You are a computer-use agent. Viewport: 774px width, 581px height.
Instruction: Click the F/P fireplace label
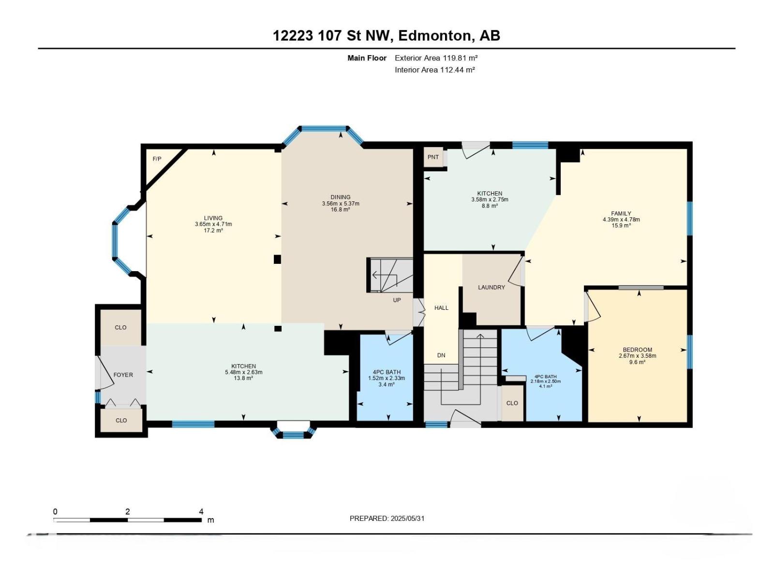[157, 159]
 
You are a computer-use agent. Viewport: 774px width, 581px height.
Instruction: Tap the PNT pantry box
[433, 157]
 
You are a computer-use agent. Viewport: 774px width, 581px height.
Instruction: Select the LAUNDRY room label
[491, 287]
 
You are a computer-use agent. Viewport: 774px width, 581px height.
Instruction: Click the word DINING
[341, 197]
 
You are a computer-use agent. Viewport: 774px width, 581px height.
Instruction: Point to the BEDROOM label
[637, 350]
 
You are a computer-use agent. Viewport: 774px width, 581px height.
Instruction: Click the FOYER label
[123, 375]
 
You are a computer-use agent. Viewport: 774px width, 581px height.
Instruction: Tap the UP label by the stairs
[397, 300]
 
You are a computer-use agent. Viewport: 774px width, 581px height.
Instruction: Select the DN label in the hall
[441, 355]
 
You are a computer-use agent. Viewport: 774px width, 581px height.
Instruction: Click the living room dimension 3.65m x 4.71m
[213, 224]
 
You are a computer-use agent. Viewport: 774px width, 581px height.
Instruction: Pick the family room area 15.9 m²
[621, 226]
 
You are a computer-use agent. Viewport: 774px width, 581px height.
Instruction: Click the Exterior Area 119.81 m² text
[436, 58]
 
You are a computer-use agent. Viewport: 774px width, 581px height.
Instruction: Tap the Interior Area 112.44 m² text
[434, 70]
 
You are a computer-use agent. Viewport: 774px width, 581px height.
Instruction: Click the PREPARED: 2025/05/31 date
[387, 518]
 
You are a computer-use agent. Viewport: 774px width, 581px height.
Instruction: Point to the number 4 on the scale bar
[201, 511]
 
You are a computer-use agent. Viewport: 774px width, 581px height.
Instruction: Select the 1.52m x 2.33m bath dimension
[387, 378]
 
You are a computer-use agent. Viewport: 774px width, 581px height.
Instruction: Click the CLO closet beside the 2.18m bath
[512, 403]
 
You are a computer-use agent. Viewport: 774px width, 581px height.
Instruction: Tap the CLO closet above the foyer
[120, 327]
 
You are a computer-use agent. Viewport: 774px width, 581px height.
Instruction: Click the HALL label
[441, 308]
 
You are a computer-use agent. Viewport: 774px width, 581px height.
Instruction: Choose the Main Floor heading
[367, 58]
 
